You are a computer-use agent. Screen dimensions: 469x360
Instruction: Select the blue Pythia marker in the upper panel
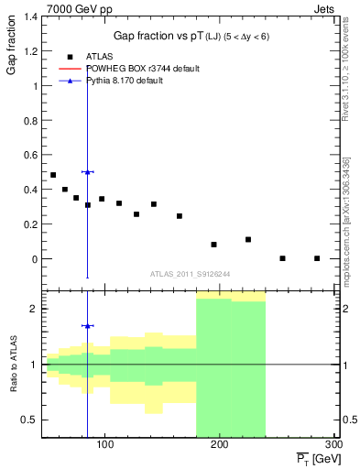87,172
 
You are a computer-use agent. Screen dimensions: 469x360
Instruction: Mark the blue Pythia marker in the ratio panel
87,325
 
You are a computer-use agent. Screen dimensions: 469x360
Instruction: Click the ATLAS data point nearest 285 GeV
316,258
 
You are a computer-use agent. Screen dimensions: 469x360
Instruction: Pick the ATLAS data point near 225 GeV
248,239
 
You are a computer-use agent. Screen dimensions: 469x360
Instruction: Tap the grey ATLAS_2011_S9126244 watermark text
191,274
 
